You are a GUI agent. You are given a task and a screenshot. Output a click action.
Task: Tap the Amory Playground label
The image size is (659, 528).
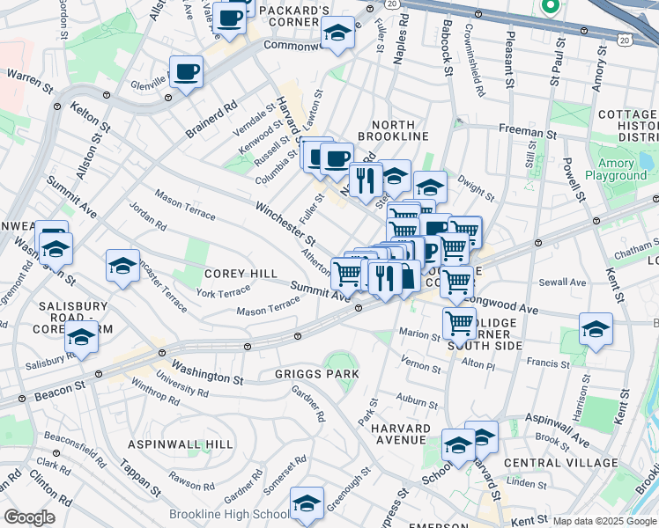616,170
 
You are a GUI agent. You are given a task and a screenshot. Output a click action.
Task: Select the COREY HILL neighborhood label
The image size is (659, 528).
241,275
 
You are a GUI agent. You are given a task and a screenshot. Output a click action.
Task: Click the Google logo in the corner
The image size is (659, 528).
29,517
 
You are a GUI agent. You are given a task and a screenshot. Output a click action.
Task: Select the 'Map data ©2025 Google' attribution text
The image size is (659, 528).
605,521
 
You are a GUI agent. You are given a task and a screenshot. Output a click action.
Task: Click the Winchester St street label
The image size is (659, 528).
285,224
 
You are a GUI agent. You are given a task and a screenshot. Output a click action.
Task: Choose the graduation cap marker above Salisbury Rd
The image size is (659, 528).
81,337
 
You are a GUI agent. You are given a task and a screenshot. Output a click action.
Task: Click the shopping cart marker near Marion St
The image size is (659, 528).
459,323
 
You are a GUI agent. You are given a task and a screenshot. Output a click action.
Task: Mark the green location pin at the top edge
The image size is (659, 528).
551,7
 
